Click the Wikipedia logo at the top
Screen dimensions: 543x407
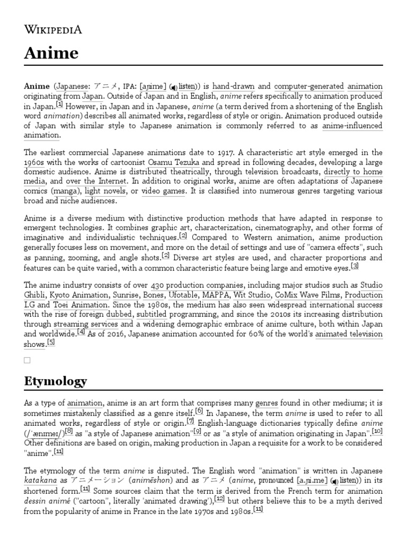click(x=53, y=29)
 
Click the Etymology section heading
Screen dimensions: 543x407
click(x=56, y=381)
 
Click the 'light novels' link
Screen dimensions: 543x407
click(x=105, y=191)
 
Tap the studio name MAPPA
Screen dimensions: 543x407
click(x=218, y=295)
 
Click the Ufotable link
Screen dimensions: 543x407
click(x=184, y=295)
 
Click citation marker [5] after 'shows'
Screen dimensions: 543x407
click(x=50, y=343)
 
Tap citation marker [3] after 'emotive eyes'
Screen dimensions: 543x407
click(x=355, y=266)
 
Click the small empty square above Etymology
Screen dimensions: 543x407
click(x=27, y=360)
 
